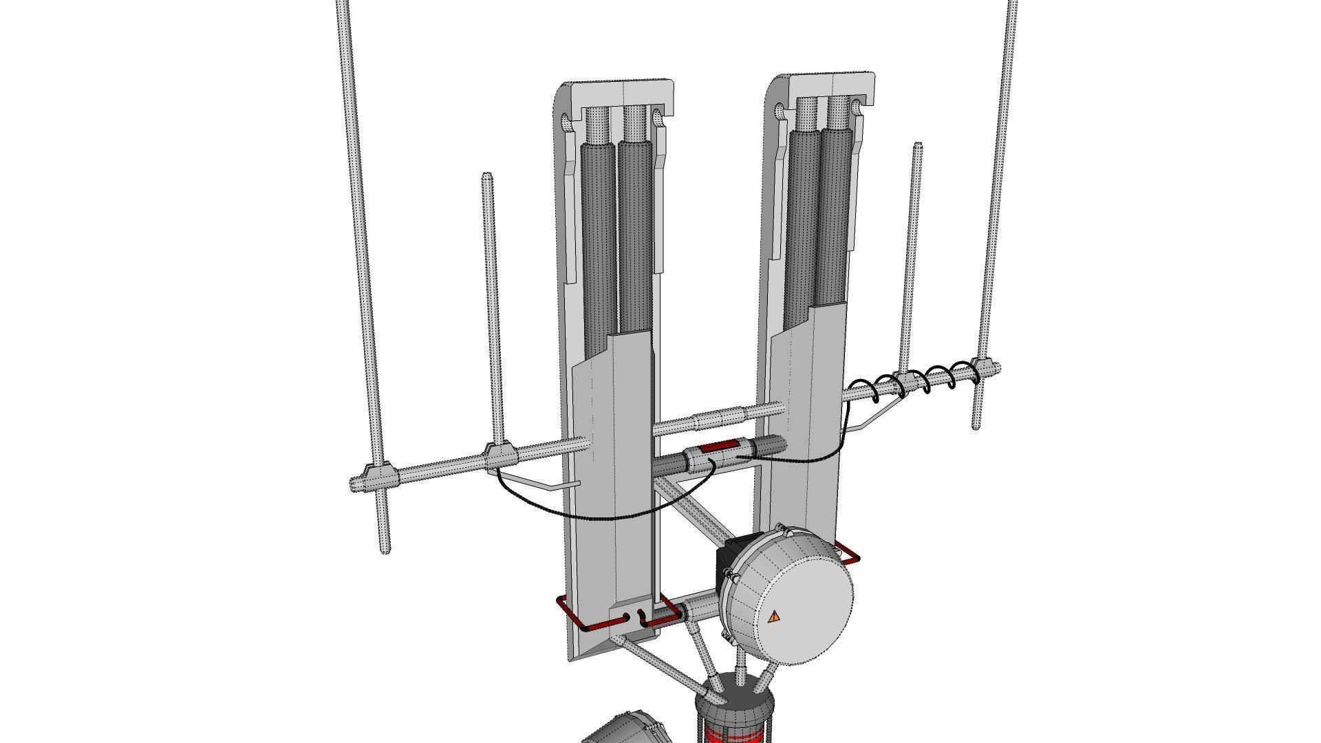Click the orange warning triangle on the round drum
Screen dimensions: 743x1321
774,616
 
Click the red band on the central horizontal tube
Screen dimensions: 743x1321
716,447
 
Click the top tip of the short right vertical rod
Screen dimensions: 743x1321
918,146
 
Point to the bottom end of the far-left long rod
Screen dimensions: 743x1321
385,549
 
